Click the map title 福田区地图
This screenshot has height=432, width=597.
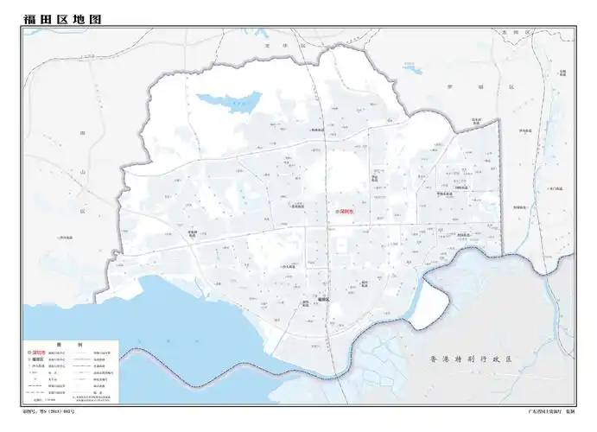pos(58,17)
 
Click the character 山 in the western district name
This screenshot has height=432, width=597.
pos(83,174)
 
